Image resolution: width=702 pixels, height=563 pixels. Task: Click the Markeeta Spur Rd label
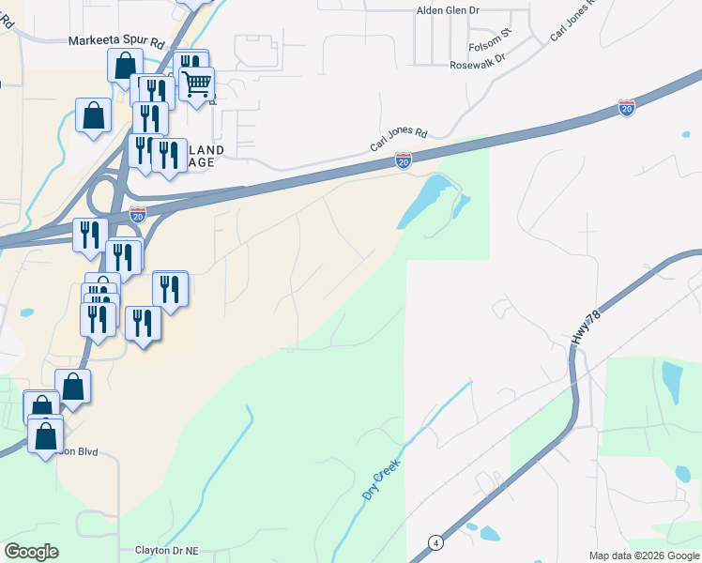coord(116,42)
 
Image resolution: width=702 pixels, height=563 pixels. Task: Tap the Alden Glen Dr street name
coord(449,10)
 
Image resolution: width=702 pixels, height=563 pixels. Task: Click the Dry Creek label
coord(381,478)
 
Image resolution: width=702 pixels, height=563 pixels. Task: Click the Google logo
coord(31,552)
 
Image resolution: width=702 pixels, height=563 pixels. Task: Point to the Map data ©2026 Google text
coord(643,555)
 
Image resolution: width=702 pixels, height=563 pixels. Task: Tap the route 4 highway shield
coord(435,542)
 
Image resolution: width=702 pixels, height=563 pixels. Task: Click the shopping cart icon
coord(196,84)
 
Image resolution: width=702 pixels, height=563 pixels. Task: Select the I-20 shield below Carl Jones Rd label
coord(403,161)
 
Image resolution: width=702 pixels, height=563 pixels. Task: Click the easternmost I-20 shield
coord(627,107)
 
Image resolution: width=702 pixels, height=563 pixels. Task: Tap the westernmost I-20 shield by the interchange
coord(138,214)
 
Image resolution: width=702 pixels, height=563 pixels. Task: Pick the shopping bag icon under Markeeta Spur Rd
coord(125,67)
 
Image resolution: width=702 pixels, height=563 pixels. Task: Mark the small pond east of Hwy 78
coord(672,381)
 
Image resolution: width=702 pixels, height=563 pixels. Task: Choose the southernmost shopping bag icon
coord(44,435)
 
